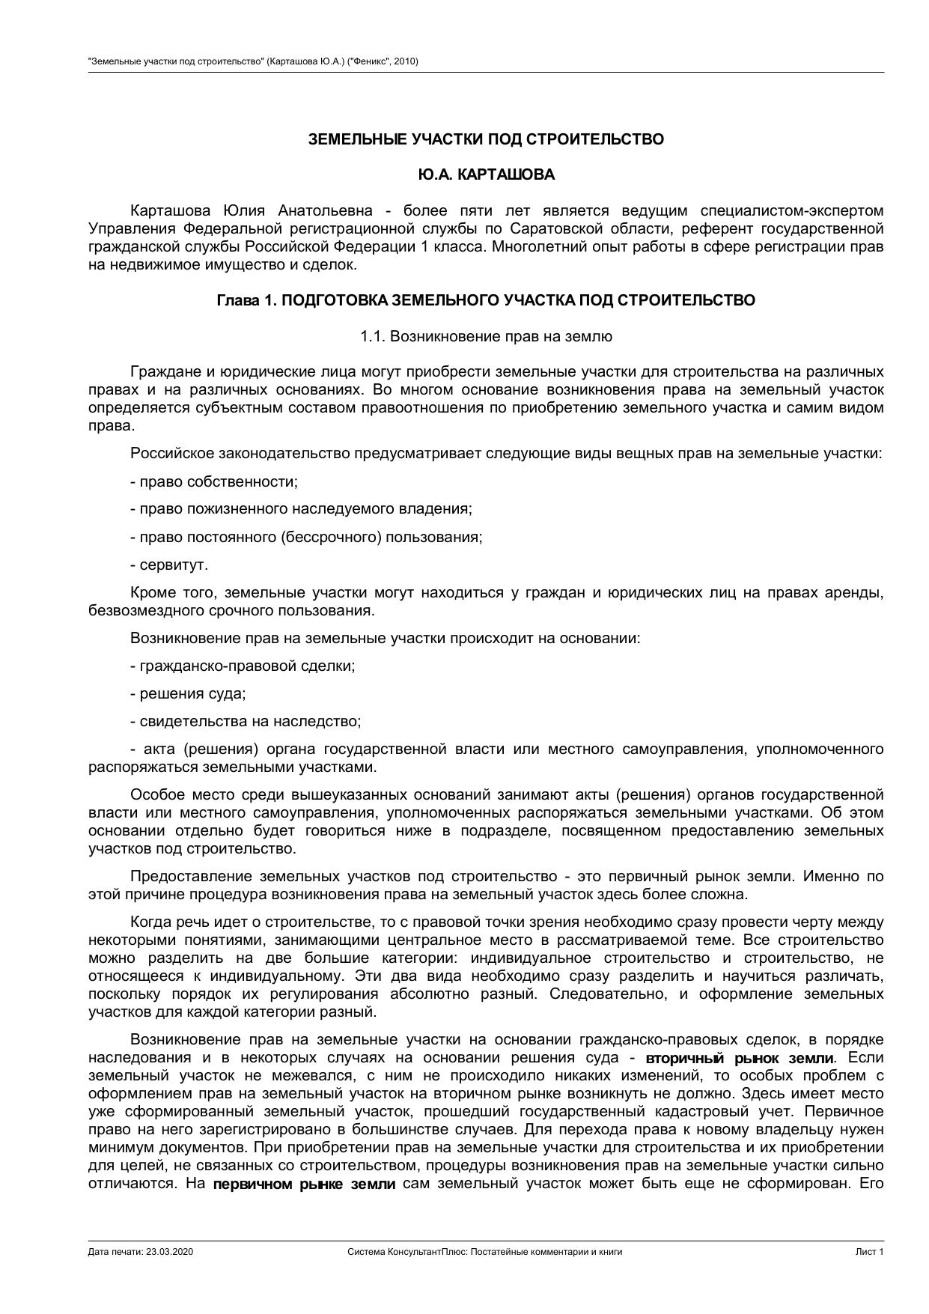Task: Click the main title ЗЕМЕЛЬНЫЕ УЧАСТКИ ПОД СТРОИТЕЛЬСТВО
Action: tap(486, 139)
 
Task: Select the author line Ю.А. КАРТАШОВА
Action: tap(486, 174)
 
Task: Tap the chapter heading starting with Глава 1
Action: tap(486, 300)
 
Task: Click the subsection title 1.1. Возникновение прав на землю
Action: tap(486, 336)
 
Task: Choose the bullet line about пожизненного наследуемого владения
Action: tap(301, 509)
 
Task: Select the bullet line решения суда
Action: tap(188, 693)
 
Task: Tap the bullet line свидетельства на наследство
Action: tap(246, 721)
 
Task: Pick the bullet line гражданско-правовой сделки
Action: tap(243, 666)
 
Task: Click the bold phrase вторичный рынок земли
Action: tap(739, 1058)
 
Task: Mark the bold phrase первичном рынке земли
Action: tap(304, 1184)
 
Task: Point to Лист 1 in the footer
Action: tap(870, 1251)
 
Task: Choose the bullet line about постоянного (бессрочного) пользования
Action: tap(306, 537)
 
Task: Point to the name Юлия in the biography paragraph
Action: tap(242, 210)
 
